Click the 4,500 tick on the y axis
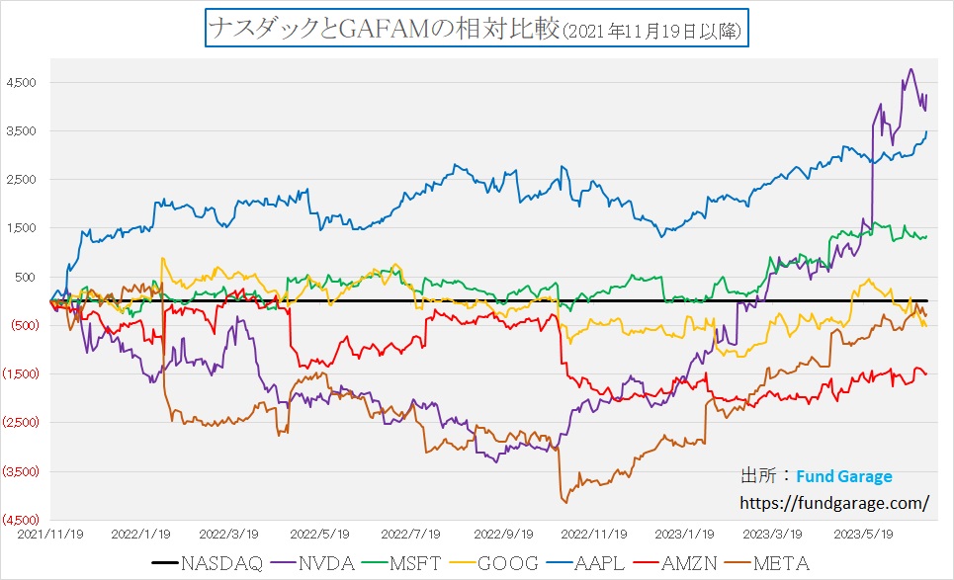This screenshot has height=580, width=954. click(x=22, y=83)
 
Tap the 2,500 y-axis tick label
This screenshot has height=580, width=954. click(x=22, y=180)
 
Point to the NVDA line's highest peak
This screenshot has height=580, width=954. click(x=911, y=69)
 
